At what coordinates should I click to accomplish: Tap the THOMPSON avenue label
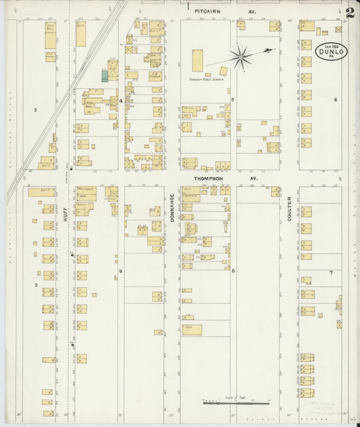click(209, 178)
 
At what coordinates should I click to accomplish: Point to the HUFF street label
click(66, 214)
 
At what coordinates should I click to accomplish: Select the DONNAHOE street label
click(172, 208)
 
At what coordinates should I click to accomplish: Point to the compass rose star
click(240, 56)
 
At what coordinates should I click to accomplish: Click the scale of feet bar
click(235, 404)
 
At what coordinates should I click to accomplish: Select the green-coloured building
click(105, 76)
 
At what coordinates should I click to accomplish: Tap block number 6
click(335, 99)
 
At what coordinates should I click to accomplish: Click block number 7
click(331, 272)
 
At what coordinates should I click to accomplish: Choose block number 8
click(233, 271)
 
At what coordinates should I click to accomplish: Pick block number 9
click(121, 271)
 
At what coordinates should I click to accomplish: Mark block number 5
click(232, 99)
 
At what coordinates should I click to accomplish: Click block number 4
click(121, 101)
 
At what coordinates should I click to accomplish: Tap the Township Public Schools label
click(206, 79)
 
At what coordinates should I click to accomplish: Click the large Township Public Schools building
click(197, 60)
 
